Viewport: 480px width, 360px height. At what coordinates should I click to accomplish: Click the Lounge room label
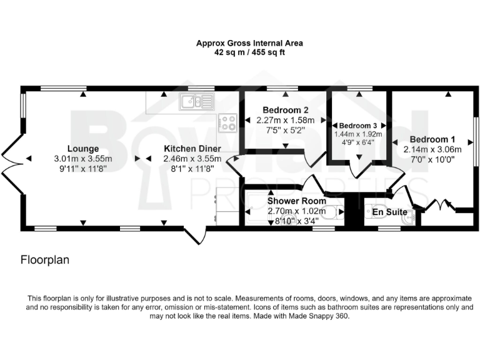[84, 149]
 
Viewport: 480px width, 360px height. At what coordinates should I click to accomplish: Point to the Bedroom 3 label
[358, 125]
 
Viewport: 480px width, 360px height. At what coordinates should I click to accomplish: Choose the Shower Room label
[297, 201]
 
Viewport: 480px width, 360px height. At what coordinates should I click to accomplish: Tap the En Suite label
[386, 212]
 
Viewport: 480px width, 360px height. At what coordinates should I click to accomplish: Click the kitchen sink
[195, 101]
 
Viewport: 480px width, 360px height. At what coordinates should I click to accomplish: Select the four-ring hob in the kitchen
[227, 122]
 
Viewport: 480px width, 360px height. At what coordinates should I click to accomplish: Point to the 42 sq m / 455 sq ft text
[249, 53]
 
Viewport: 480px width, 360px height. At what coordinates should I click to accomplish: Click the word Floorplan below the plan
[45, 259]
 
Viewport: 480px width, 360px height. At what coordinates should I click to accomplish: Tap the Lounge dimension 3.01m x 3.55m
[84, 159]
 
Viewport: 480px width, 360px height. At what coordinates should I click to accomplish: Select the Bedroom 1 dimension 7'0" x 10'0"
[432, 159]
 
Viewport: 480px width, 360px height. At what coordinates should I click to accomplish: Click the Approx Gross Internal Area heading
[249, 43]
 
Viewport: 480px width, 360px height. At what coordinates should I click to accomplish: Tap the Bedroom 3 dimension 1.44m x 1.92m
[358, 134]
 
